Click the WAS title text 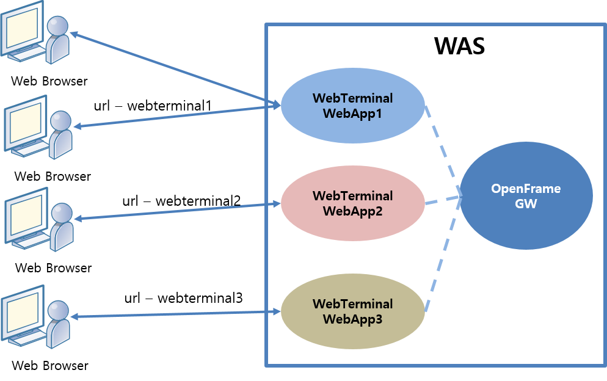pyautogui.click(x=459, y=46)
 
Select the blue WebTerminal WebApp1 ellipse pyautogui.click(x=352, y=105)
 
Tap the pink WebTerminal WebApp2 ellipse pyautogui.click(x=352, y=203)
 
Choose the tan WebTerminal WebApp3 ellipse pyautogui.click(x=352, y=311)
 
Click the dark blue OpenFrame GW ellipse pyautogui.click(x=526, y=196)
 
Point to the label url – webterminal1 pyautogui.click(x=153, y=106)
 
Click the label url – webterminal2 pyautogui.click(x=181, y=201)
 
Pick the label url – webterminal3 pyautogui.click(x=183, y=298)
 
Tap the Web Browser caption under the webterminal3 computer pyautogui.click(x=50, y=366)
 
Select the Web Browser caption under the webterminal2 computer pyautogui.click(x=53, y=267)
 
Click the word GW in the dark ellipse pyautogui.click(x=526, y=204)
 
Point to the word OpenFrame pyautogui.click(x=526, y=189)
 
